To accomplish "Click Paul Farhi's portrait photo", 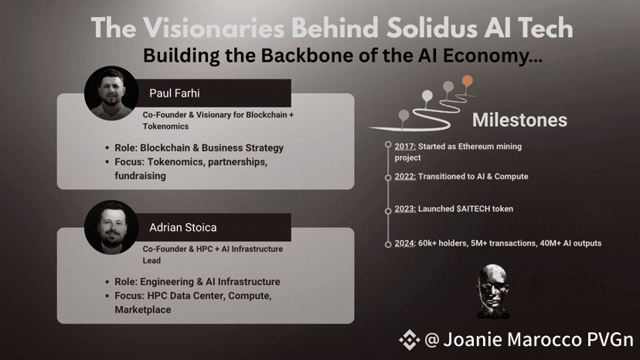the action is point(111,93).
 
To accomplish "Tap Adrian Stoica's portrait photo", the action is point(111,227).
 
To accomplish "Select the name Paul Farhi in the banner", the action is point(174,93).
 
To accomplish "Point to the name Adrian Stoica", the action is point(183,227).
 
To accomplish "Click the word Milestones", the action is point(519,120).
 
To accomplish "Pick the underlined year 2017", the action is point(405,146).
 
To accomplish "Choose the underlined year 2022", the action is point(405,176).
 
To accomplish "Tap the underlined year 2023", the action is point(405,209).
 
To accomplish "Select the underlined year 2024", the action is point(404,243).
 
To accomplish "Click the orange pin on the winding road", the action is point(468,81).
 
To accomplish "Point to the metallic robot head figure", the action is point(493,291).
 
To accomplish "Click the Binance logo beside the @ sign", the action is point(410,340).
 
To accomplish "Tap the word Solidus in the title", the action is point(432,28).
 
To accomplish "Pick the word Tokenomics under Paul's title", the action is point(165,127).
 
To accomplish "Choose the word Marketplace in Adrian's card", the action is point(143,309).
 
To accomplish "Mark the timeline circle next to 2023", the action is point(388,211).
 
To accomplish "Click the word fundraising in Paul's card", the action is point(140,175).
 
